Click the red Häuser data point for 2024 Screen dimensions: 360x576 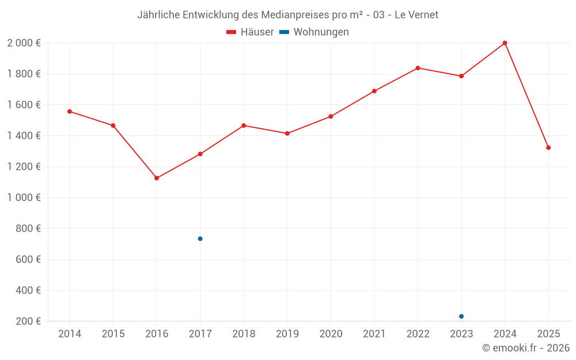505,43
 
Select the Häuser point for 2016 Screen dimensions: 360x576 157,178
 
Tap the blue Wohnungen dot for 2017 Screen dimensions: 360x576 200,238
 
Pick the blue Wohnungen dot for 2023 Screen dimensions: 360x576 461,316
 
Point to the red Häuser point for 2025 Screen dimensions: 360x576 548,147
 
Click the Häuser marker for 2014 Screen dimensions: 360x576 70,111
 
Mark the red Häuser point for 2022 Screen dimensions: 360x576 418,68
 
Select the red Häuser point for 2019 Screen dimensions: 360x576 287,133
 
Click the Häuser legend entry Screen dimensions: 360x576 250,32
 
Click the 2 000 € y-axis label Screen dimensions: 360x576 24,43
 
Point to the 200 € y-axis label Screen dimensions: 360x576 28,321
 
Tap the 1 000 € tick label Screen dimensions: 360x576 24,198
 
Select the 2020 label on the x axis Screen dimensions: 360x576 331,334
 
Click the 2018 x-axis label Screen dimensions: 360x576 244,334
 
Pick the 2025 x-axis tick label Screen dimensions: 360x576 548,334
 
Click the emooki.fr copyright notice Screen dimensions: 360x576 526,348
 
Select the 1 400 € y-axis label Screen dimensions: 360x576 24,136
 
